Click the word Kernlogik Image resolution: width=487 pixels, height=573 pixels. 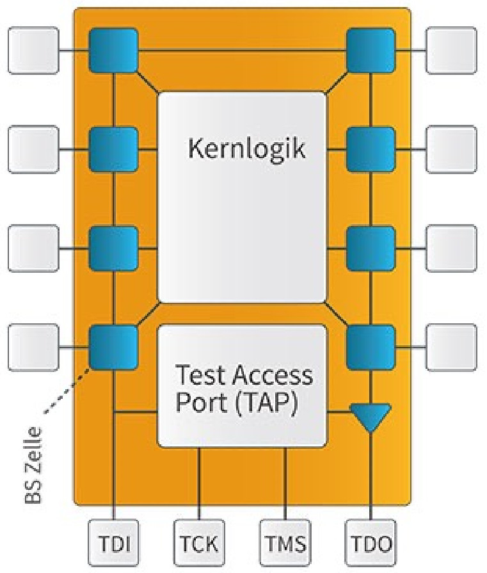point(246,149)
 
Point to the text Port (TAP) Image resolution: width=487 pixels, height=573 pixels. point(237,402)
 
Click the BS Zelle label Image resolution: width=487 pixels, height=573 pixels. point(33,465)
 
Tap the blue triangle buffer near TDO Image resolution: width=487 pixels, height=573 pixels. point(371,418)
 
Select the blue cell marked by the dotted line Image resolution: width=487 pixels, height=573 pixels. point(114,348)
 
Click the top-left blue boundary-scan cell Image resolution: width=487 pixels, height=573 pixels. point(114,50)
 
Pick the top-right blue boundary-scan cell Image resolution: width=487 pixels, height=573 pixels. point(371,50)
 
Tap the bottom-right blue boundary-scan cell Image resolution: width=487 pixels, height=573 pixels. point(371,348)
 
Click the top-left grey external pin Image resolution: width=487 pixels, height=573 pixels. point(33,51)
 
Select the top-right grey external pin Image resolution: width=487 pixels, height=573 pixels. point(452,51)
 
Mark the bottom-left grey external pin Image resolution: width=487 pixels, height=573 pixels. point(33,348)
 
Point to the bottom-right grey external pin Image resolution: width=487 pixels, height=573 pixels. point(452,348)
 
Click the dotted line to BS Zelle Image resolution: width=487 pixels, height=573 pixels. point(67,391)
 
